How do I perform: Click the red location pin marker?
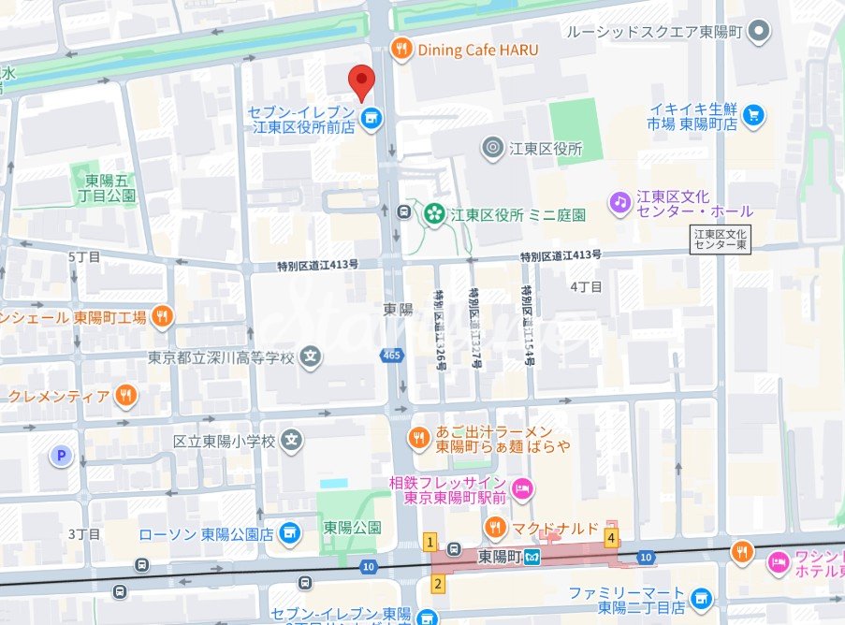(361, 82)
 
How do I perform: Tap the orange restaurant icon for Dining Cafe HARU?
(401, 50)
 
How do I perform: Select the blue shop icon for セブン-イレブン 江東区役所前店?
(372, 118)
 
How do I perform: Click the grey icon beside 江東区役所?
(492, 148)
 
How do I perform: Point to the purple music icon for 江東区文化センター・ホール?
(619, 201)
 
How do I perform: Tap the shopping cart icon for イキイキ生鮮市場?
(754, 115)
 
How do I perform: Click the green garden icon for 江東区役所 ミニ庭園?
(433, 214)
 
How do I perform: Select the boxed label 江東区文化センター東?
(721, 239)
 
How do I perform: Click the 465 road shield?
(391, 355)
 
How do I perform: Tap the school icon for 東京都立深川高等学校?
(313, 356)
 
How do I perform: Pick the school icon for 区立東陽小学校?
(293, 439)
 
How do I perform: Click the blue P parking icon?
(62, 456)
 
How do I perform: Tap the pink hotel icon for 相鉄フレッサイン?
(523, 488)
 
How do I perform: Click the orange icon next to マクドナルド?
(494, 528)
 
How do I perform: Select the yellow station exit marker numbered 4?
(611, 538)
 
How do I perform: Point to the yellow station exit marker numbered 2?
(436, 584)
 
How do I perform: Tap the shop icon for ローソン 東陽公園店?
(289, 533)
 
